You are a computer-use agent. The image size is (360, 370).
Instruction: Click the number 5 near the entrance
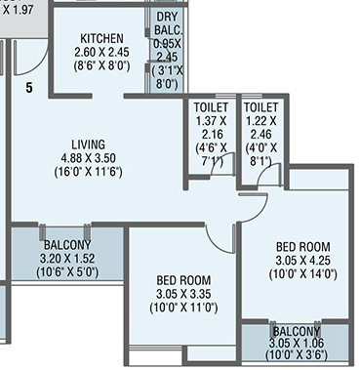click(28, 88)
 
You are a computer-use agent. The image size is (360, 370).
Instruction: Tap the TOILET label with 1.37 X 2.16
click(212, 106)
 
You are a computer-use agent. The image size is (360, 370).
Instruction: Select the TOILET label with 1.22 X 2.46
click(260, 106)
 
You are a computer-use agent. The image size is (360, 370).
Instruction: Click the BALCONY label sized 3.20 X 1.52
click(67, 244)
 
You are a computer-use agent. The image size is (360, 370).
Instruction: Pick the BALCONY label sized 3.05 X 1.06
click(296, 331)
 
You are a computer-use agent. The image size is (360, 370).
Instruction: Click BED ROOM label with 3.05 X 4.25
click(302, 246)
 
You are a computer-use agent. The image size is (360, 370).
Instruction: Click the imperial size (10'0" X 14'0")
click(303, 274)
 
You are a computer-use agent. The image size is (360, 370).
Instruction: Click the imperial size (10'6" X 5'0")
click(67, 271)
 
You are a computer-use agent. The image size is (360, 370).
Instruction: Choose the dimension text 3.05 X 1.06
click(296, 343)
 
